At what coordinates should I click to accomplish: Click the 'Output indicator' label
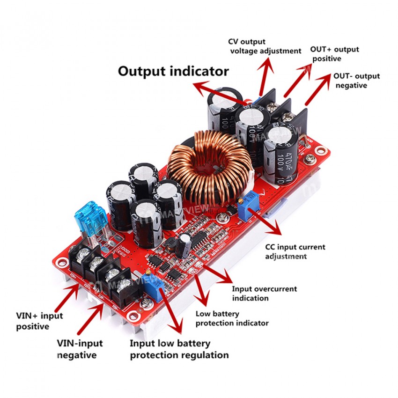coord(173,72)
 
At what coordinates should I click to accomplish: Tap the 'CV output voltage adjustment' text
coord(265,46)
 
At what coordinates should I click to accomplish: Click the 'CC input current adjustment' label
coord(295,251)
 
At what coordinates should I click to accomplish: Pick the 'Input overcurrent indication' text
coord(264,294)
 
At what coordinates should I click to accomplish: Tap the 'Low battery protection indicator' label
coord(232,318)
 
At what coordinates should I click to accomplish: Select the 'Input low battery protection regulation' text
coord(179,349)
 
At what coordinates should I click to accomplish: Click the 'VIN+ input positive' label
coord(39,321)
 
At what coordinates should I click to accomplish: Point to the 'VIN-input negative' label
coord(80,349)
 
